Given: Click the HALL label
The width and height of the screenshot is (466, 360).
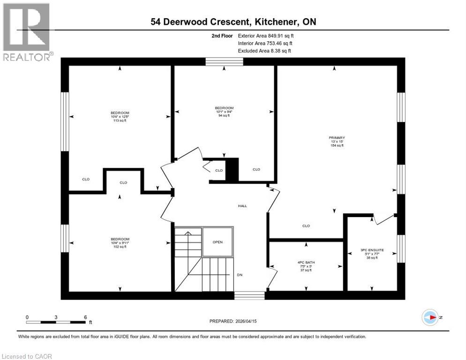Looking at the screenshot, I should (x=242, y=206).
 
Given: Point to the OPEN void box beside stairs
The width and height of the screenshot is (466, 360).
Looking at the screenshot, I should (x=218, y=242).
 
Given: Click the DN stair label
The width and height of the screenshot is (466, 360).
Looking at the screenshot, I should (x=240, y=275).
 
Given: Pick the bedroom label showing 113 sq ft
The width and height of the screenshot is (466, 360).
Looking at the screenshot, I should (x=120, y=116).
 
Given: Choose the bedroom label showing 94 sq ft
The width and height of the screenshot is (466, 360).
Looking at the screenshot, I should (x=224, y=112).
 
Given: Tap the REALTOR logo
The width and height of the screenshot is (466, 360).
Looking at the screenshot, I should (x=27, y=32).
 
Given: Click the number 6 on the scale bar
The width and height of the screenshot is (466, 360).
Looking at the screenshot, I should (x=85, y=317).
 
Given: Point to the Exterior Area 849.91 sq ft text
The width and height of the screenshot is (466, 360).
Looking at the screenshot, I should (x=266, y=35).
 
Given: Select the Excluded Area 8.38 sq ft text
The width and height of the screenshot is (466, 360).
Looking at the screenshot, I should (x=264, y=51).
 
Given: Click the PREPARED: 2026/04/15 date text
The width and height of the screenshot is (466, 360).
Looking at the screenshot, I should (x=234, y=321).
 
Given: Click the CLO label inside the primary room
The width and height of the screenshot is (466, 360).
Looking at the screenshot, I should (x=306, y=226).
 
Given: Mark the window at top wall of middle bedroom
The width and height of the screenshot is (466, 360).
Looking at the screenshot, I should (x=224, y=61).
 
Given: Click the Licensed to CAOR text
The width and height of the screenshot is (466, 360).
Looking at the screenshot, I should (x=27, y=356).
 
